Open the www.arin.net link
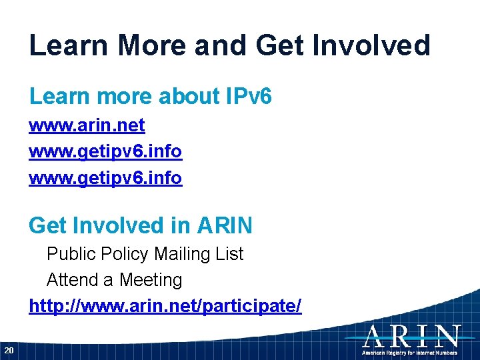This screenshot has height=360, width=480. (87, 125)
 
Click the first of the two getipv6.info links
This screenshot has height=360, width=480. (105, 152)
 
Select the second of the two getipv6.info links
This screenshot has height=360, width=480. (105, 179)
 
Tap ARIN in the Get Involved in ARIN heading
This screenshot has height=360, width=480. (225, 225)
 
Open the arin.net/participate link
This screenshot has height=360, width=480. (165, 306)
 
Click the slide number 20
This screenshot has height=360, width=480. (9, 350)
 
